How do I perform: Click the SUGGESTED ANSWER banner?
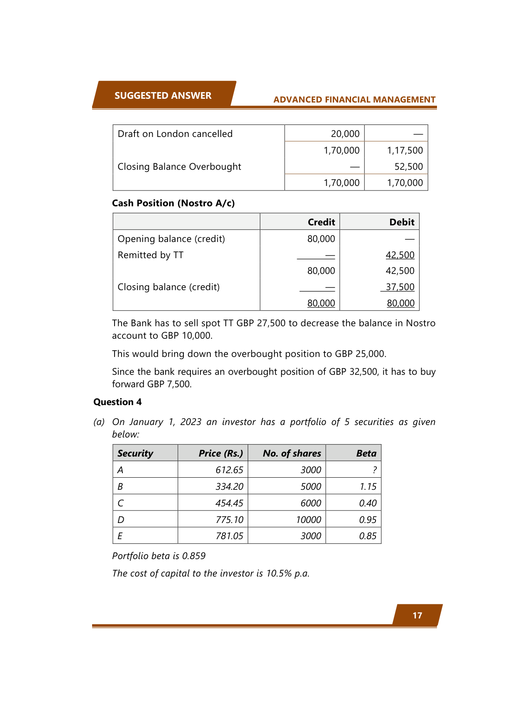(x=163, y=95)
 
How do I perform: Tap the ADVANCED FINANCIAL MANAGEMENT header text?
(x=354, y=100)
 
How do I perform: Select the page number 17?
(x=417, y=615)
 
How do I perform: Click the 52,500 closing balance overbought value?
(x=408, y=166)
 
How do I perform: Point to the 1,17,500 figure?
(x=405, y=150)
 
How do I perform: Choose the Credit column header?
(x=321, y=222)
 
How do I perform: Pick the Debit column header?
(x=401, y=222)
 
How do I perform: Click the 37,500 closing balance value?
(x=400, y=287)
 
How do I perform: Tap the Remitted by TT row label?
(x=151, y=255)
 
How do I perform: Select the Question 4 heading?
(x=117, y=402)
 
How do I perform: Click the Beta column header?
(x=366, y=453)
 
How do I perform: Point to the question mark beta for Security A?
(x=374, y=470)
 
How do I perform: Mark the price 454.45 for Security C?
(x=229, y=503)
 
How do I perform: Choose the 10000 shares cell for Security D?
(x=308, y=520)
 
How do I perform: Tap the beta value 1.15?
(x=368, y=486)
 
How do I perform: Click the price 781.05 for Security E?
(x=229, y=536)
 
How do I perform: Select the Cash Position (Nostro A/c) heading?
(x=173, y=203)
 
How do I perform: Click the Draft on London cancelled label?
(x=175, y=134)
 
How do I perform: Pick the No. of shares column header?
(x=292, y=453)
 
